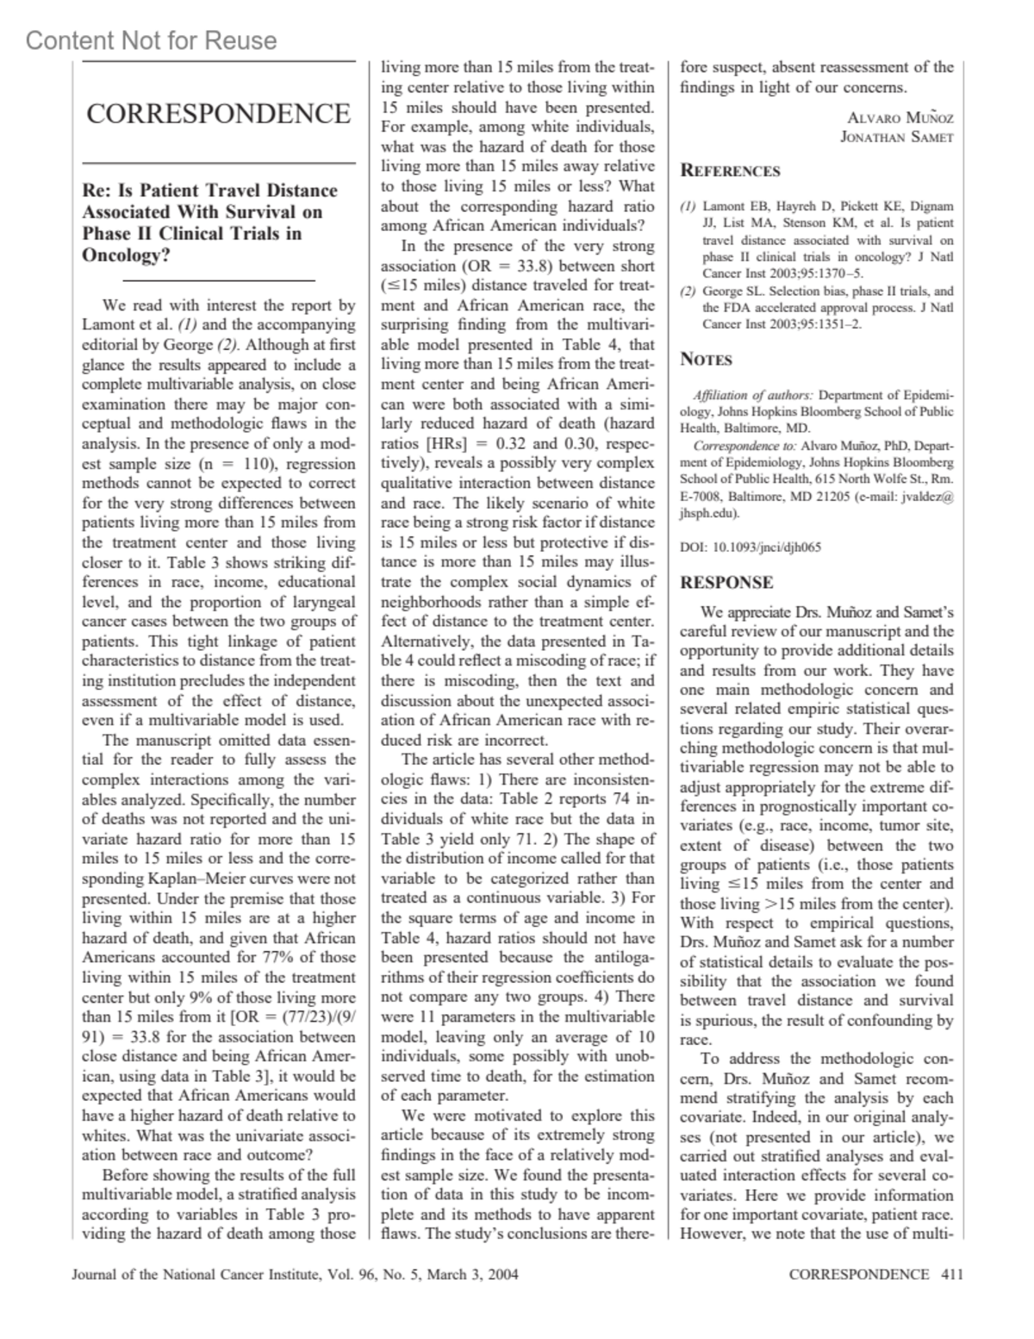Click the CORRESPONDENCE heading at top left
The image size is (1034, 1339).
click(218, 115)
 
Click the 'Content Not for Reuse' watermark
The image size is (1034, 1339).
click(152, 41)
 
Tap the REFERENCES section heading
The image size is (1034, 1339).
click(731, 171)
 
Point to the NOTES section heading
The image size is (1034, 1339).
click(707, 360)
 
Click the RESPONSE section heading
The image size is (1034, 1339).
click(726, 583)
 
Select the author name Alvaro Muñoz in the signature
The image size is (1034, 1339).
click(900, 118)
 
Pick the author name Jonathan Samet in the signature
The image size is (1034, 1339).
click(897, 137)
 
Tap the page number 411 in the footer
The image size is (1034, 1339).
click(952, 1274)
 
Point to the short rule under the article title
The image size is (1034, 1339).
click(219, 281)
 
